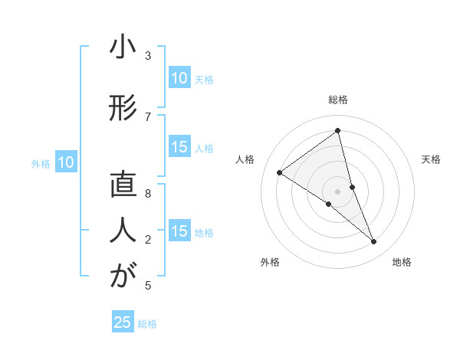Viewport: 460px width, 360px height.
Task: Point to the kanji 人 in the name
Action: tap(123, 227)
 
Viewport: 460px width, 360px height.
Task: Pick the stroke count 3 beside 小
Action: tap(148, 56)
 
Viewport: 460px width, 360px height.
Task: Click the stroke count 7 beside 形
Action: tap(148, 116)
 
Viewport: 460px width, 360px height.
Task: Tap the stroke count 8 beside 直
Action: tap(148, 194)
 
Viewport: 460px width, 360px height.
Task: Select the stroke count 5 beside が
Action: tap(148, 286)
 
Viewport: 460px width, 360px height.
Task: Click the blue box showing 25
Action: tap(123, 322)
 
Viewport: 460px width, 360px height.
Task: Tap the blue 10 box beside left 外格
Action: tap(66, 162)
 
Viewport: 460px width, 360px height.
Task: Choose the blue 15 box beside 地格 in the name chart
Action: tap(179, 231)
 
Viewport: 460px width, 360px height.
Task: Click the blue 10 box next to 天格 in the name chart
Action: tap(179, 78)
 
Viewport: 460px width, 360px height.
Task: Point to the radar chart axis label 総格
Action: tap(338, 100)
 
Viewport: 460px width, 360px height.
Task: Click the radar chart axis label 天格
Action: tap(432, 159)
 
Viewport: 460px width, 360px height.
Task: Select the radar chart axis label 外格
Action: tap(270, 263)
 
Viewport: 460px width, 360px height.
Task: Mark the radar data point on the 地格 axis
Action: tap(374, 242)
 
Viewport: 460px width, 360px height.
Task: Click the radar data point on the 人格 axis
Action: tap(279, 172)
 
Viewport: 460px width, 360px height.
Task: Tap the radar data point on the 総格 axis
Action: tap(338, 130)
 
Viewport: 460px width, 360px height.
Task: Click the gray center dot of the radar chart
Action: tap(338, 191)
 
